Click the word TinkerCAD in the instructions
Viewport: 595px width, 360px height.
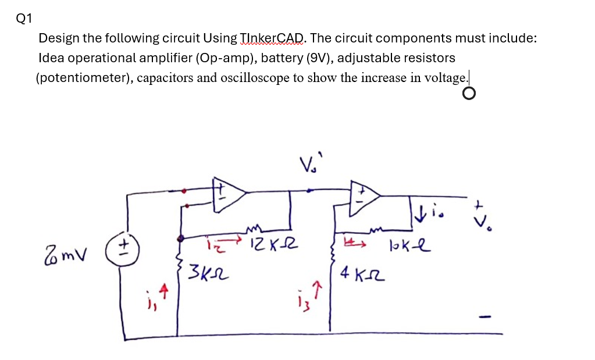pyautogui.click(x=272, y=38)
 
